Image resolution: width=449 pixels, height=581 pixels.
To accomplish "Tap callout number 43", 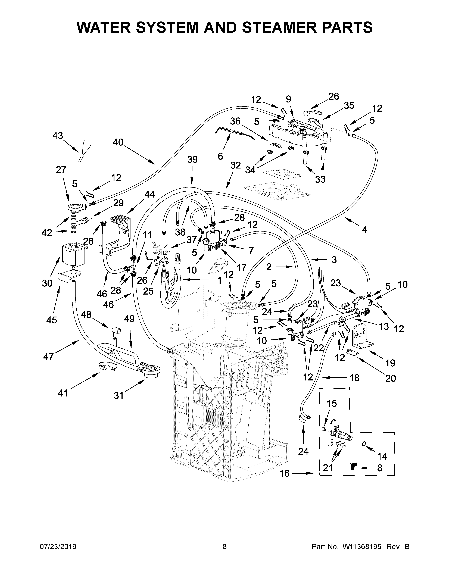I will point(58,136).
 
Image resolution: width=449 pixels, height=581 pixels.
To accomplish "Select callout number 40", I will point(118,142).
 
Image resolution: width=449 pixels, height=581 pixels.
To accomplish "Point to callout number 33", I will point(320,179).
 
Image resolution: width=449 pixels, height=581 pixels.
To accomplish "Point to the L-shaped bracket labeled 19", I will point(362,338).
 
